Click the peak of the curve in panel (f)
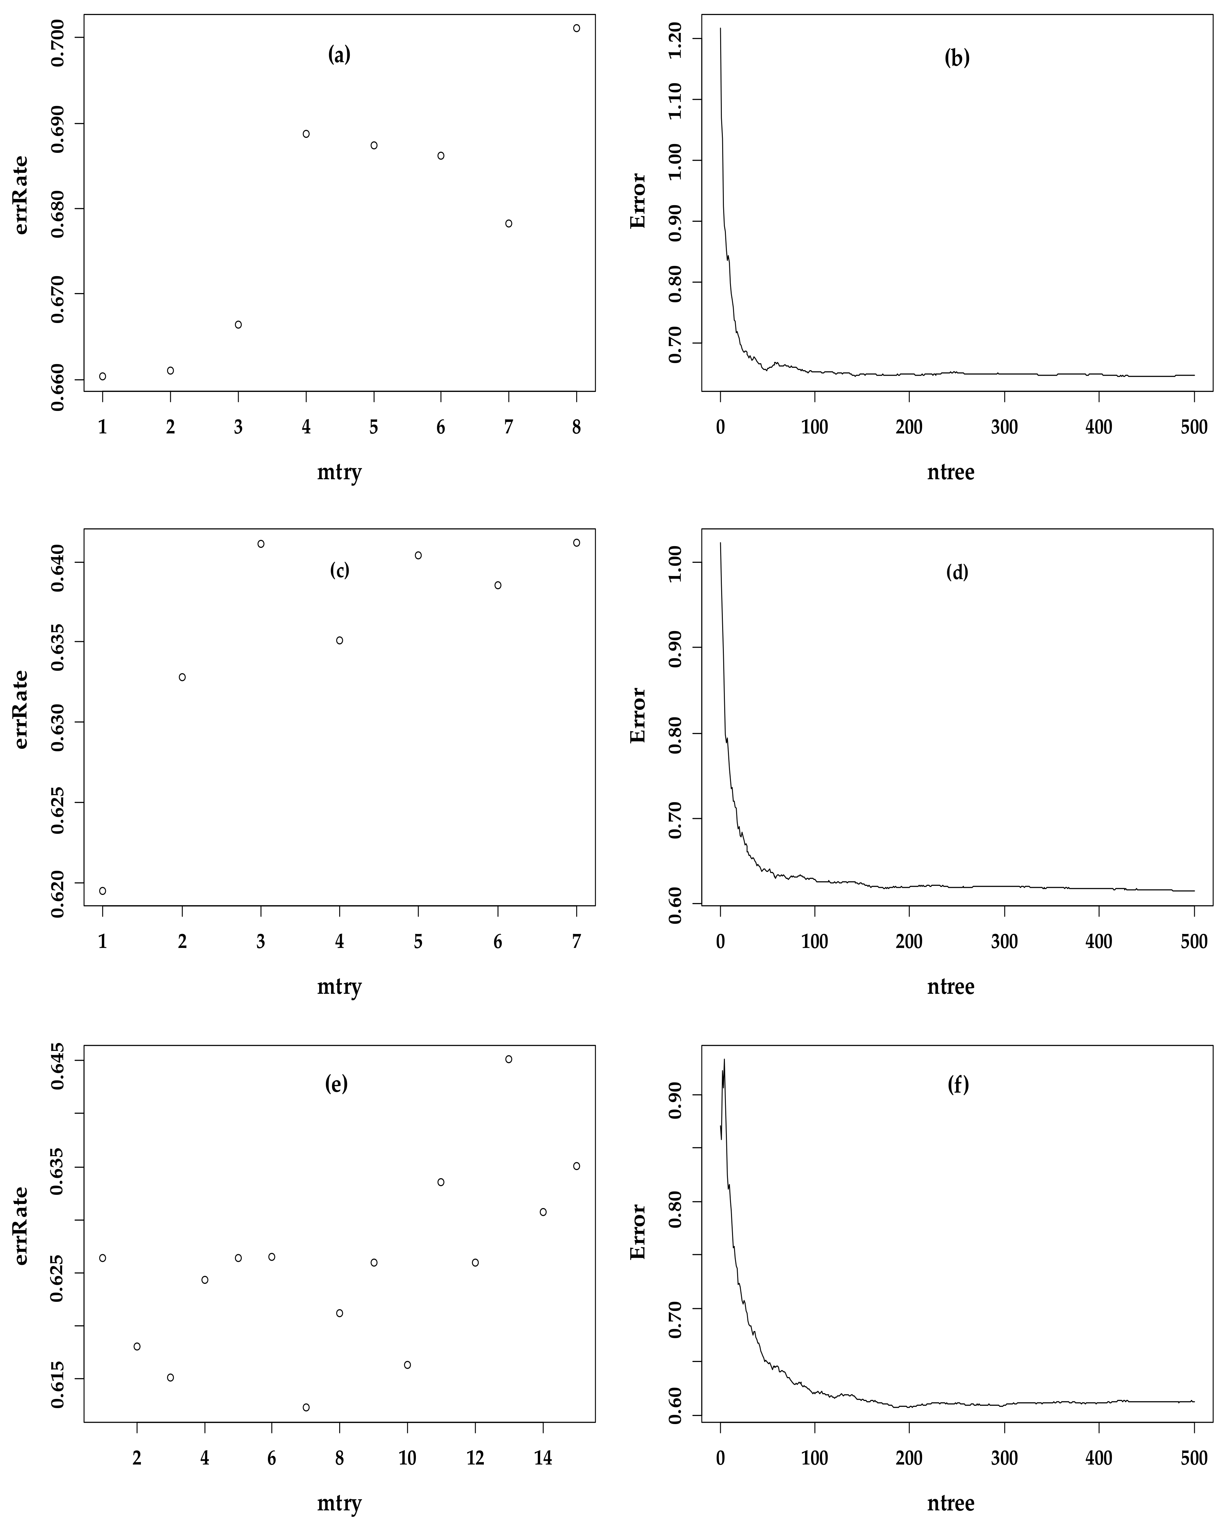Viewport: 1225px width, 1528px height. (x=724, y=1060)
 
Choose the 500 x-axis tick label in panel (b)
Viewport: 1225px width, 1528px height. (x=1194, y=427)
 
